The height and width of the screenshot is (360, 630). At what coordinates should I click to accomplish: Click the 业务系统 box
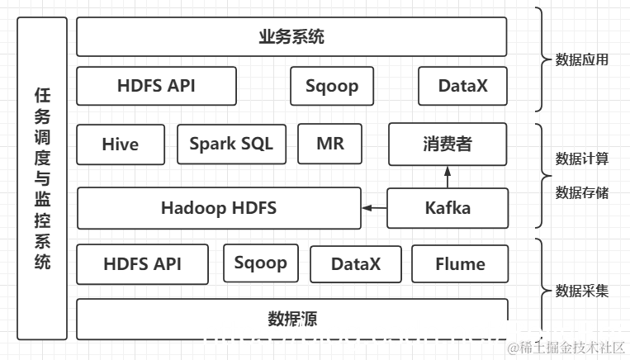291,37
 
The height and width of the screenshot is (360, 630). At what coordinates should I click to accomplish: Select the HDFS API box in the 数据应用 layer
156,86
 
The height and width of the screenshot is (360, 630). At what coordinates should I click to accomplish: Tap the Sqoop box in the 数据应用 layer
331,86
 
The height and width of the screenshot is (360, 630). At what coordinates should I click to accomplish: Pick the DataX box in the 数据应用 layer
462,86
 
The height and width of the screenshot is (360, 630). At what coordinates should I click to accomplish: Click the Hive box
121,144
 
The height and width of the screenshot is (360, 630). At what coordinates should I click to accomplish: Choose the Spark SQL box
231,144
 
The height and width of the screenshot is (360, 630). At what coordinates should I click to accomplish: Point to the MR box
330,144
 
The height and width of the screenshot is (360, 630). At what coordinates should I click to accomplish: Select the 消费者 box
447,144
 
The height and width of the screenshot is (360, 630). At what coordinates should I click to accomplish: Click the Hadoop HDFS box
219,208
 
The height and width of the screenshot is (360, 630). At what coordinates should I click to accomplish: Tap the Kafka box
447,208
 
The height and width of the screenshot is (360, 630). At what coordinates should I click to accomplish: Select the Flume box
459,264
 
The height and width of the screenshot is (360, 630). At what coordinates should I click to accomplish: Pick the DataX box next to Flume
355,264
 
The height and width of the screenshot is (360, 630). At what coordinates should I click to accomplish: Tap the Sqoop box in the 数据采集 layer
260,263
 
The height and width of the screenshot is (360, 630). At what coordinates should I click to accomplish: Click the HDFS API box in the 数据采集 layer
142,264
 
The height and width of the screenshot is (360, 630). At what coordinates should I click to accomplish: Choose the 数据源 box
291,319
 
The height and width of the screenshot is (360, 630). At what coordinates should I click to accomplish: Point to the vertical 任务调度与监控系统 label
42,178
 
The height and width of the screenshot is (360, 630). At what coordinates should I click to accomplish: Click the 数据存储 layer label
582,192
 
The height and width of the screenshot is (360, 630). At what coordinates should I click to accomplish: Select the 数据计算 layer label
582,158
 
